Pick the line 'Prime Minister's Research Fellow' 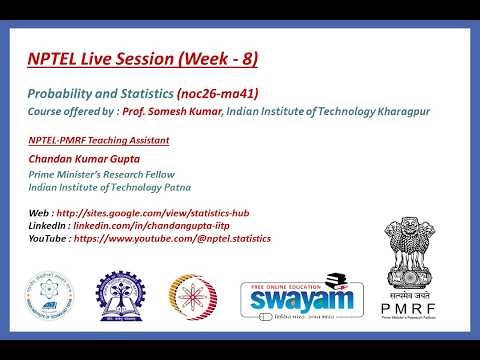[103, 173]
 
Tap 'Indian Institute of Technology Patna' [110, 187]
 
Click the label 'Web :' [41, 212]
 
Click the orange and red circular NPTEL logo [193, 299]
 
